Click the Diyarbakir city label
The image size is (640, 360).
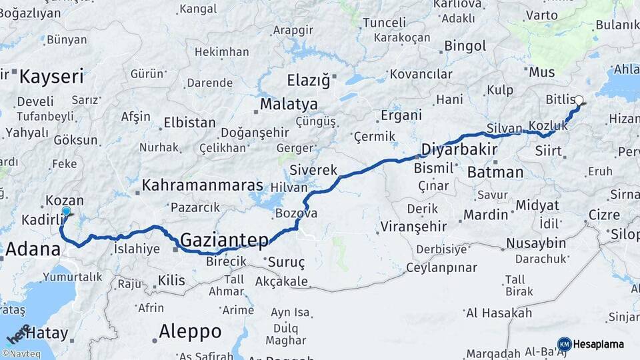click(459, 149)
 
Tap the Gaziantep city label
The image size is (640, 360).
click(224, 240)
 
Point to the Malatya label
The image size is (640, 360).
click(289, 104)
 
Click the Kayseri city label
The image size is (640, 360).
click(51, 76)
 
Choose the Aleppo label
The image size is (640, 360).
click(190, 331)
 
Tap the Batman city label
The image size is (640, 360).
click(495, 172)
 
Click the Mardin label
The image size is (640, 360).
click(485, 215)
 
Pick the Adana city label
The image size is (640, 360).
click(33, 250)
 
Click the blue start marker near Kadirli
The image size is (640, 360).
click(66, 212)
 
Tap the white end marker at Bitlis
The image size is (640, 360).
click(579, 101)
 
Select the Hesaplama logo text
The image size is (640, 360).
click(599, 344)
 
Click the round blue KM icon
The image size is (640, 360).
click(564, 344)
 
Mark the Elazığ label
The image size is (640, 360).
click(308, 81)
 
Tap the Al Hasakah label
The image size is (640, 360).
click(499, 313)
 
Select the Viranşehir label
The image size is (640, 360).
click(413, 227)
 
